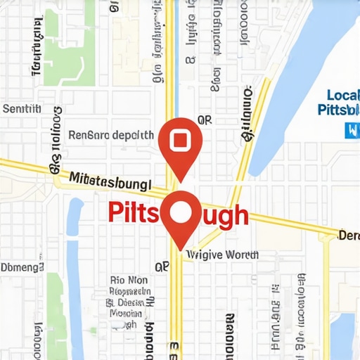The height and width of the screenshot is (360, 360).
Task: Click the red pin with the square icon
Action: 181,141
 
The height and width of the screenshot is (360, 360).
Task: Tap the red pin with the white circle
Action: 181,212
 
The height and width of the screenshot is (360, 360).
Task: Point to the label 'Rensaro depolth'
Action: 110,134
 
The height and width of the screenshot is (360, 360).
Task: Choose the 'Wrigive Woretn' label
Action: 223,255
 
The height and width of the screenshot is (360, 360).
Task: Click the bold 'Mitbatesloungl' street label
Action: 110,181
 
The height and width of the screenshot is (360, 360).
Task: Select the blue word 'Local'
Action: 343,95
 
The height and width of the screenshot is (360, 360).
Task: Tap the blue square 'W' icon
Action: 351,129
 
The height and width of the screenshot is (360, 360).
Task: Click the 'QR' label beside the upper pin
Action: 205,121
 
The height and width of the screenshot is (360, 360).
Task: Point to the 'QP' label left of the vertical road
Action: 162,267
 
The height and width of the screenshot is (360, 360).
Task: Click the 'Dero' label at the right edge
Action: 349,235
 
